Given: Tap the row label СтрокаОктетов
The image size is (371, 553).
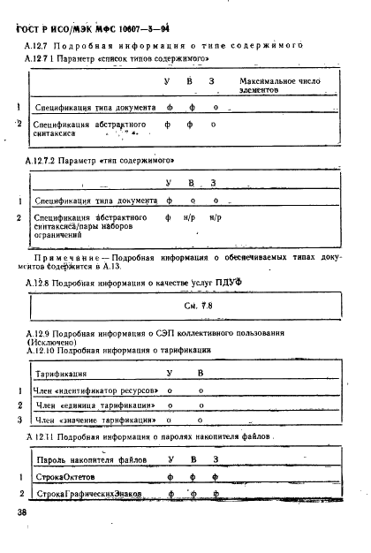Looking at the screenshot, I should [64, 476].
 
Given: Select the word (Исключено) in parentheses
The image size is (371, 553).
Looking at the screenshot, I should [52, 341].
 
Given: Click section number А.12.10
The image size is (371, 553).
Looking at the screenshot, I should [44, 350].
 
